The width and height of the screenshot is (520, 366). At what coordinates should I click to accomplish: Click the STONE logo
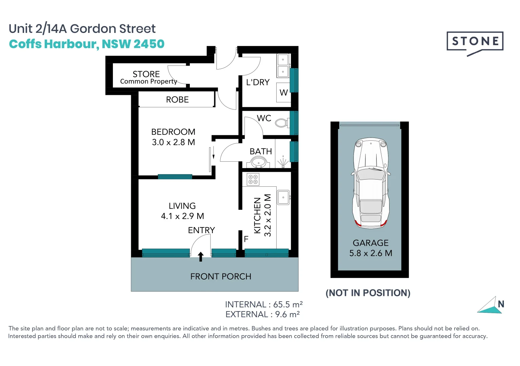475,42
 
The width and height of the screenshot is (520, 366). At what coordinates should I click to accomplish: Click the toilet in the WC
281,123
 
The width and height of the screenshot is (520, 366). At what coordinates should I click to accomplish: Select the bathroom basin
258,163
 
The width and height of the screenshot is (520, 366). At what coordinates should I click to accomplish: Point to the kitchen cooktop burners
253,180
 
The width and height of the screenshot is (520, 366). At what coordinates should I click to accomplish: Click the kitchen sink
283,197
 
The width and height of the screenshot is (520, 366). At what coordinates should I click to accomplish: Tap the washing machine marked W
284,92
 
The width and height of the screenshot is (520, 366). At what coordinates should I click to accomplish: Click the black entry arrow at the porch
201,257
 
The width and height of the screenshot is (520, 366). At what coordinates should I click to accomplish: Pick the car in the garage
371,183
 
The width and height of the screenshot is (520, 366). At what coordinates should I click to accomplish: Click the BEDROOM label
173,132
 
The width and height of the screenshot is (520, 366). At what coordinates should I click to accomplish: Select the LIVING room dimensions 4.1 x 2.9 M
182,216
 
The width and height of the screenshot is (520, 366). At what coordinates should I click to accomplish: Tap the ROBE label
177,100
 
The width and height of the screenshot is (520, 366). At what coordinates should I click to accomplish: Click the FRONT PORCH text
221,277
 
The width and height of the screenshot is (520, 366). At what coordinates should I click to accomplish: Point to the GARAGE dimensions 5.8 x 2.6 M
371,253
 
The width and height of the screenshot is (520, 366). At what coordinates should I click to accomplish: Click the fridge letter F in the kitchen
246,239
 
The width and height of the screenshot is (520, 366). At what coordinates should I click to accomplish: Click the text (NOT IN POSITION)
368,293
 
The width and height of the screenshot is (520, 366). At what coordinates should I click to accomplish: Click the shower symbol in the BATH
283,162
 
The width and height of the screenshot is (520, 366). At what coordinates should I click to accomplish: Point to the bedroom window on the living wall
175,177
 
